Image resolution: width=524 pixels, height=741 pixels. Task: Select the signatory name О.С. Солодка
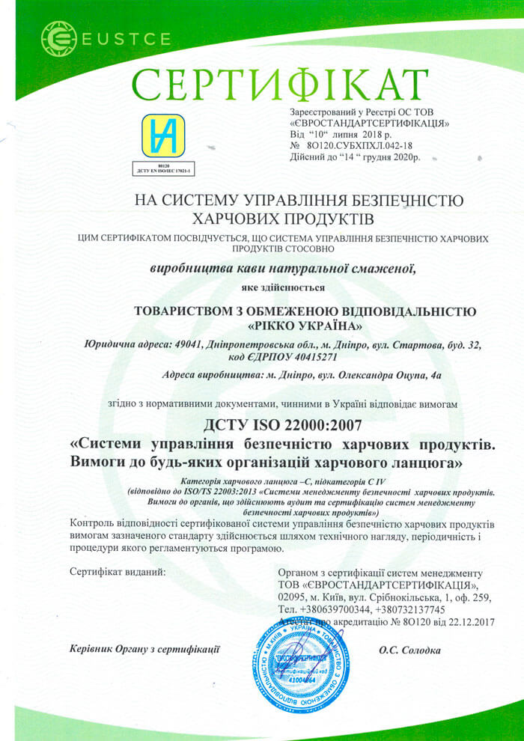tap(409, 650)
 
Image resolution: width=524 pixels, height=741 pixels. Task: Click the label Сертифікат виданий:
tap(118, 571)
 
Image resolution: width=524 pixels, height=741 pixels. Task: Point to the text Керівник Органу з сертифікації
tap(144, 650)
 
